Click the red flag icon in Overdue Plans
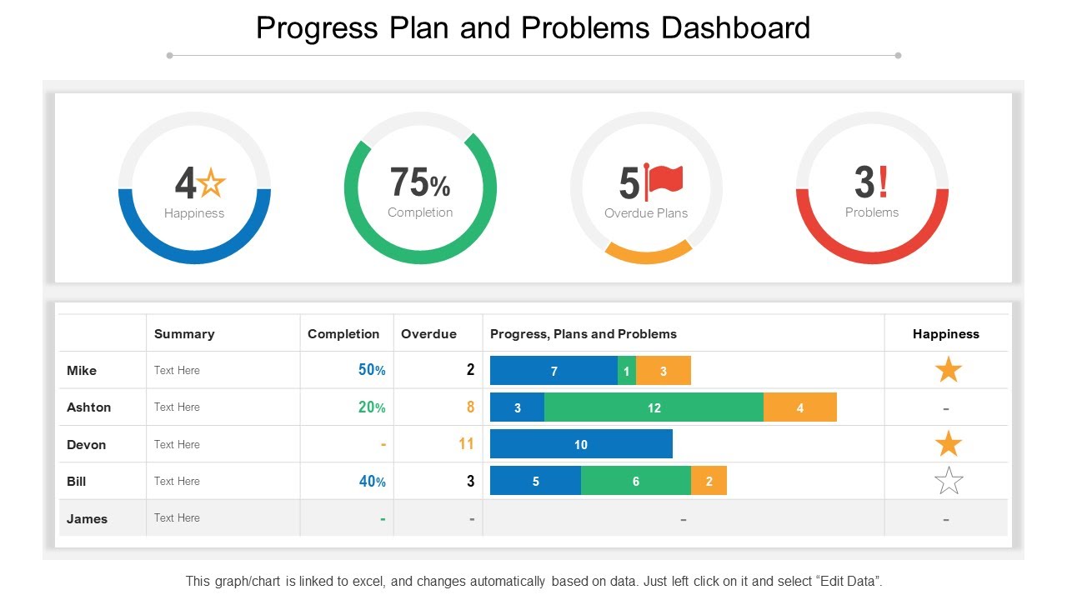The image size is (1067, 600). click(665, 179)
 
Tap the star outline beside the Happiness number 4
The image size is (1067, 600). click(212, 182)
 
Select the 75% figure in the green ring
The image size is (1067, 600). click(419, 182)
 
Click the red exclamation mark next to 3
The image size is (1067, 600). click(883, 181)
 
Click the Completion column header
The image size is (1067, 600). click(343, 334)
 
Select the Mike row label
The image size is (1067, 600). click(82, 371)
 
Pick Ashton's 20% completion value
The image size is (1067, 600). click(372, 407)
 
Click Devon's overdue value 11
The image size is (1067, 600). click(466, 444)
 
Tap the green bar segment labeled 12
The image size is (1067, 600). click(654, 407)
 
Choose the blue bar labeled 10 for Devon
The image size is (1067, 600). click(581, 444)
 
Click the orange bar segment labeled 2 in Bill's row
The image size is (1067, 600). click(709, 481)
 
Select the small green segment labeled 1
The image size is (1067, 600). click(626, 371)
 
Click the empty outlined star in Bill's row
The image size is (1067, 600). click(949, 481)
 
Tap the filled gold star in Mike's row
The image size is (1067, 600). click(949, 369)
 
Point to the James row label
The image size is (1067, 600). click(87, 518)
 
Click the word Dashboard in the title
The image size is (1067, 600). click(735, 27)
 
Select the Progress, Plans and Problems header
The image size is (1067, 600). click(584, 334)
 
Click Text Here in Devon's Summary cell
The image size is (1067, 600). click(177, 444)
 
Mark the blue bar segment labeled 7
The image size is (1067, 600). click(554, 371)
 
